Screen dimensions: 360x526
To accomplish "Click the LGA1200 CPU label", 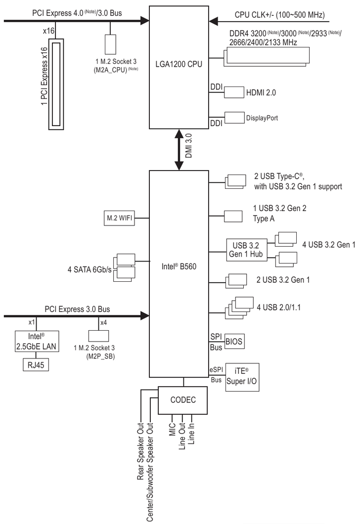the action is pos(179,64).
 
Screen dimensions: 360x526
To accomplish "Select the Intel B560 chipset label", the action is pos(179,266).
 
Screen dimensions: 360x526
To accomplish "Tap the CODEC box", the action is pos(182,400).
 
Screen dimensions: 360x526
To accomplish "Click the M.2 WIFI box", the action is pos(119,218).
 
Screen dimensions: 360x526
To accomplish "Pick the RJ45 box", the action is pos(36,365).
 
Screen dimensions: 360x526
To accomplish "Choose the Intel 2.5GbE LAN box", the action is pos(37,342).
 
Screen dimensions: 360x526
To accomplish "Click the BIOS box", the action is pos(234,342).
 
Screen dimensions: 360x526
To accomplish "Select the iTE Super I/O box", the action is pos(242,377).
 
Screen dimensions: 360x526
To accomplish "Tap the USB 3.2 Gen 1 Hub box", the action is pos(247,250).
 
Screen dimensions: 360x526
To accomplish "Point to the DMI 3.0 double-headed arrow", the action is pos(179,150).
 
